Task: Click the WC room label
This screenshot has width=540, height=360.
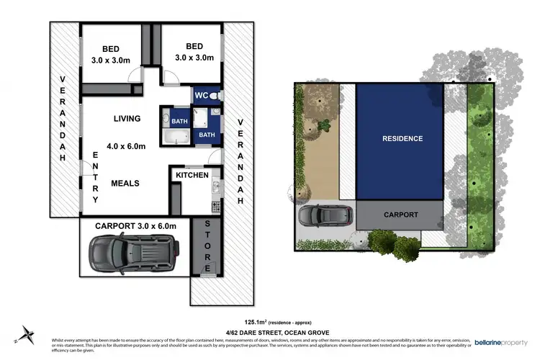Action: pos(200,95)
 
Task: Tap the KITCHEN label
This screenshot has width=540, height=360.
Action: pos(192,175)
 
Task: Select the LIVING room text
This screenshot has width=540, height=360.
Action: pos(127,118)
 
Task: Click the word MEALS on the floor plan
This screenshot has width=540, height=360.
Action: pos(125,183)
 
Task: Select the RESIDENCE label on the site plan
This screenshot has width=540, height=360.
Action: pos(402,138)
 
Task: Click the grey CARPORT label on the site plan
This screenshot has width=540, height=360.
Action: pos(401,215)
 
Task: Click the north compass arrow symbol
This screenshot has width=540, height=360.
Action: pos(27,332)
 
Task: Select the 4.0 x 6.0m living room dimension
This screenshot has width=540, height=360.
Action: pos(126,147)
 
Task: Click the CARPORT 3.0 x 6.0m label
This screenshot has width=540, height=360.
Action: pos(135,225)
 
